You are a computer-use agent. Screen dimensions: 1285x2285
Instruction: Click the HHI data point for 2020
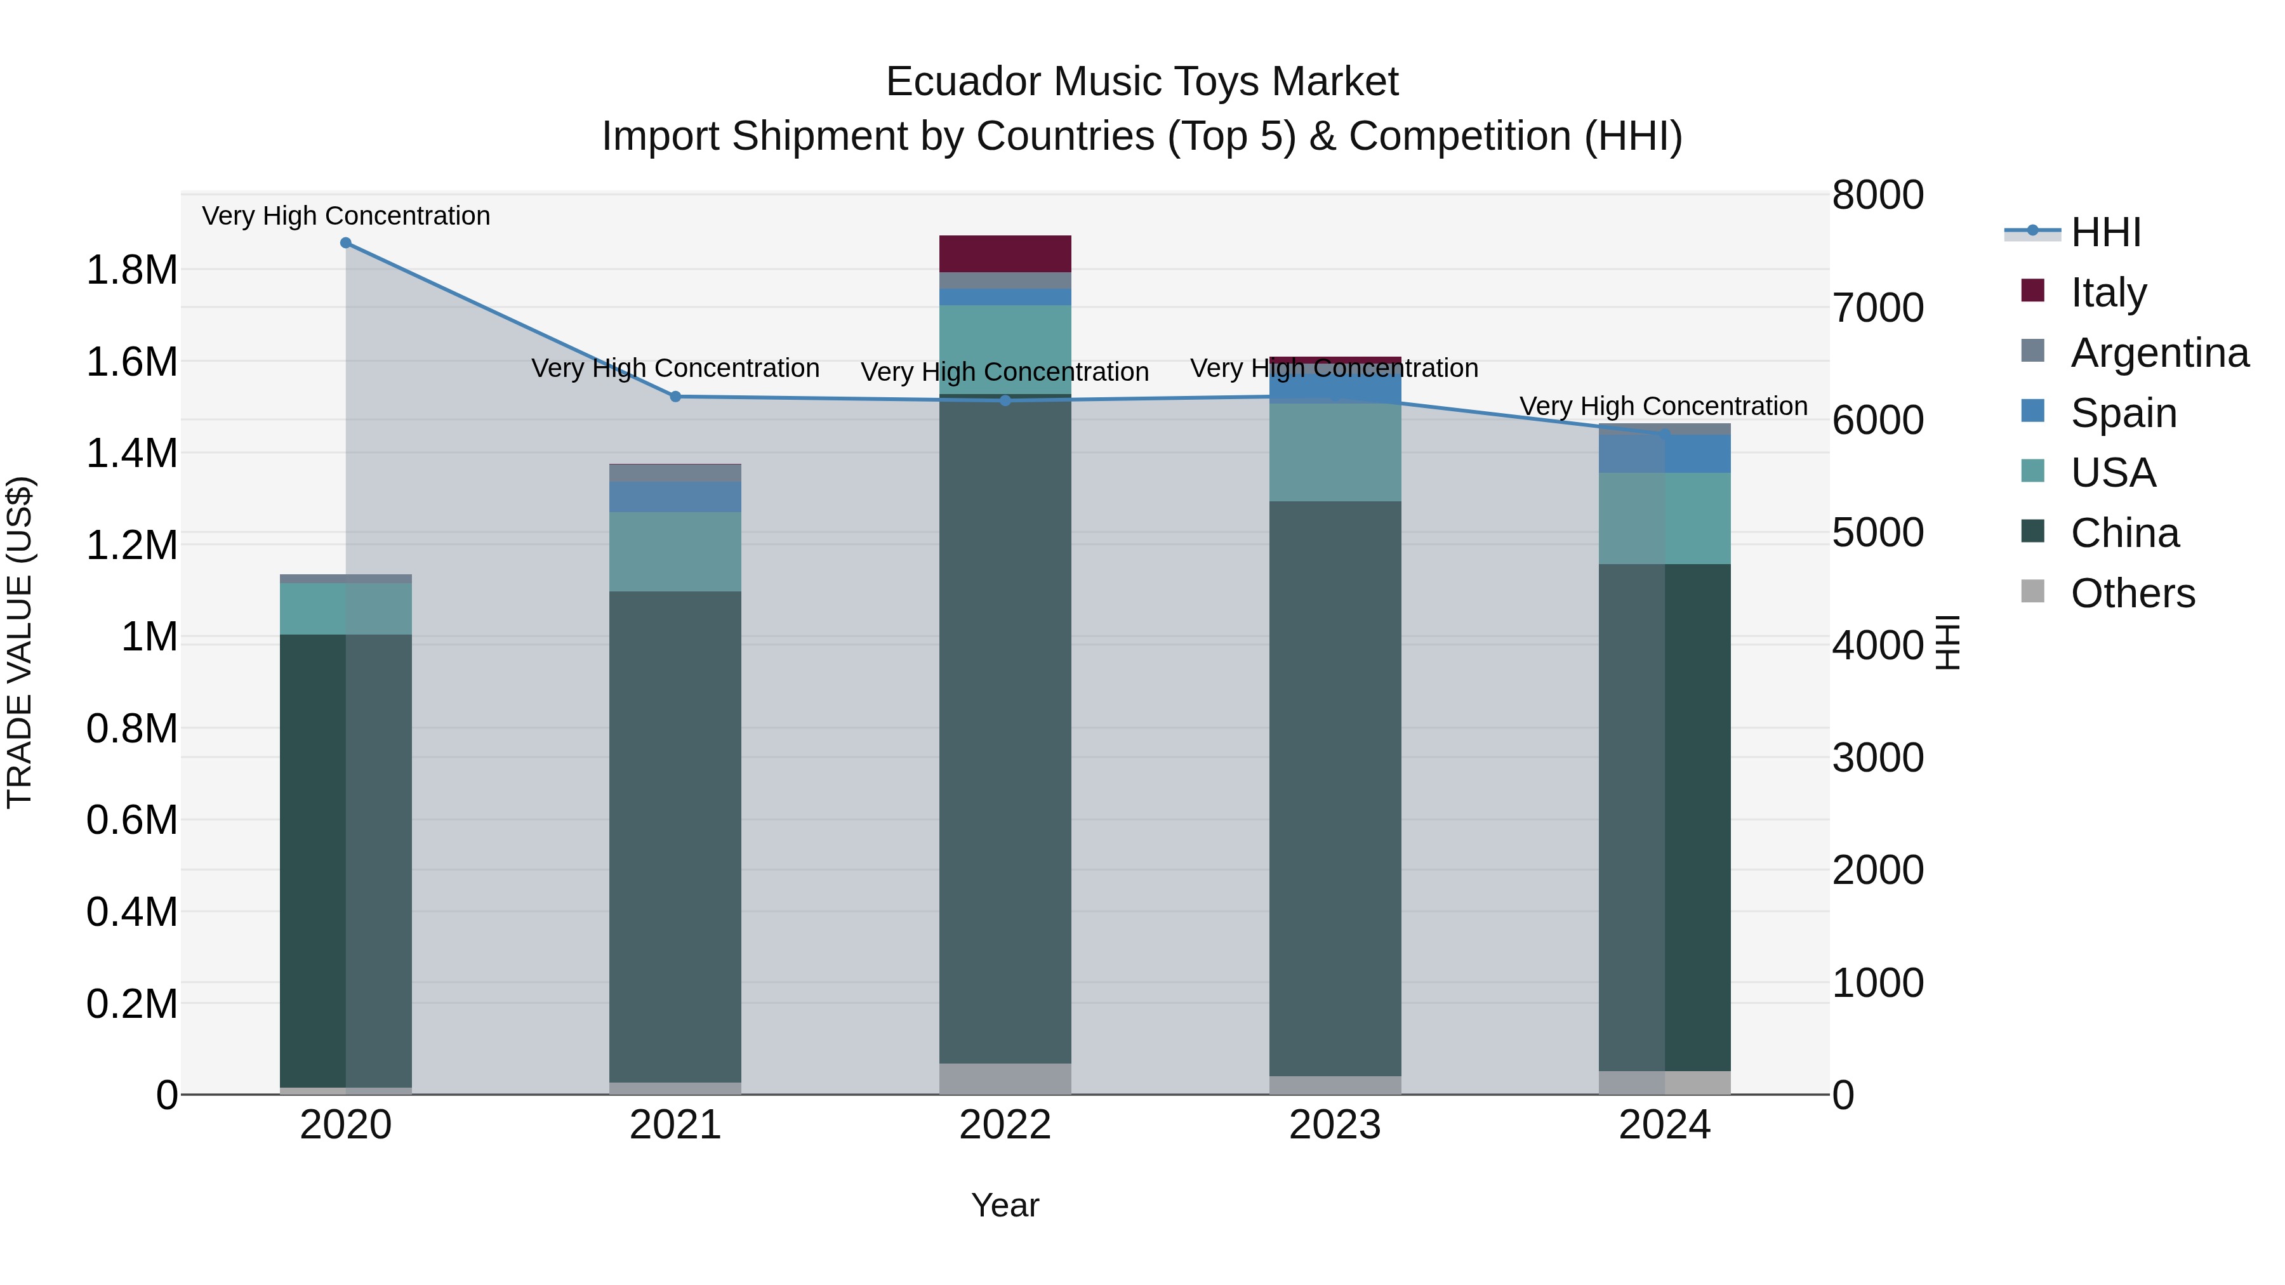[x=346, y=243]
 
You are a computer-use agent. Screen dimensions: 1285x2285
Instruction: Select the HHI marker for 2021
[x=675, y=397]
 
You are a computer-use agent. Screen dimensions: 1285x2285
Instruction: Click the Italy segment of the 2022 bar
[x=1005, y=254]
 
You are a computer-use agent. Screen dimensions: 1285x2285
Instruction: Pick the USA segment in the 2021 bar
[x=675, y=551]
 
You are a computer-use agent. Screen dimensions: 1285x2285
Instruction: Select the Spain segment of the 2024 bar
[x=1664, y=454]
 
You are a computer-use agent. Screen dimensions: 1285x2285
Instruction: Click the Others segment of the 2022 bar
[x=1005, y=1078]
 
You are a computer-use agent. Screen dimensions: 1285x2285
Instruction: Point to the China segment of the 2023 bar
[x=1335, y=789]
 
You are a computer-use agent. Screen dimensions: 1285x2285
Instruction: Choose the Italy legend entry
[x=2107, y=292]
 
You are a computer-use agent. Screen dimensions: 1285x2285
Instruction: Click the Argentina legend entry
[x=2159, y=352]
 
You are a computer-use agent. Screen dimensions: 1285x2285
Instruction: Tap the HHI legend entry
[x=2105, y=232]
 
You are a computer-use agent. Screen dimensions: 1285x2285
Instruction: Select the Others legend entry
[x=2131, y=593]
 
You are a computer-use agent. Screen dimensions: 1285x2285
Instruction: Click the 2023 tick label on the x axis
[x=1335, y=1125]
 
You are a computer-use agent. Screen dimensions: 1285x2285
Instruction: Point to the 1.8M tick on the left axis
[x=132, y=270]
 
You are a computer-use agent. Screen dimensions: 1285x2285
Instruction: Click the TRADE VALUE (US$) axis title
[x=20, y=642]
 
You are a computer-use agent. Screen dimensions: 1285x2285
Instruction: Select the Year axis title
[x=1005, y=1205]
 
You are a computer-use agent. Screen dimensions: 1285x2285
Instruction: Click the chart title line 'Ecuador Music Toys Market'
[x=1142, y=82]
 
